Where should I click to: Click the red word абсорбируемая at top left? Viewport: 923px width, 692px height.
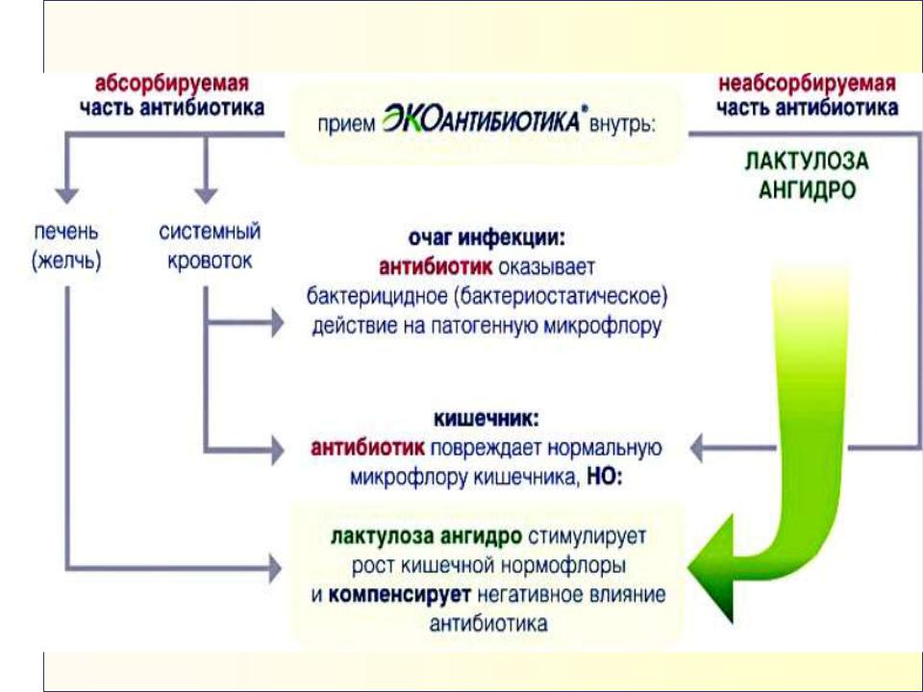point(172,84)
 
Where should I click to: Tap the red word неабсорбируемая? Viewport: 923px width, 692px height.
point(807,84)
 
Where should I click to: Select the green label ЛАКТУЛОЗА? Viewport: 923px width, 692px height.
point(807,161)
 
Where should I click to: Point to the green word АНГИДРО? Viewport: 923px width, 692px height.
point(807,190)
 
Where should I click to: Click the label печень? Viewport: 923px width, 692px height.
point(66,232)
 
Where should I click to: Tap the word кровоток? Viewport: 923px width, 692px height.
point(210,260)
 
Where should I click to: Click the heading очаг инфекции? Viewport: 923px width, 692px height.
point(486,238)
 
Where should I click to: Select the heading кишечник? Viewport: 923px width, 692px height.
point(486,419)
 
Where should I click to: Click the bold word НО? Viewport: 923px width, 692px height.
point(604,478)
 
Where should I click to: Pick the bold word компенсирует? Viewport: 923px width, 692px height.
point(400,595)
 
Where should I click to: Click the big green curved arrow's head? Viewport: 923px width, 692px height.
point(711,567)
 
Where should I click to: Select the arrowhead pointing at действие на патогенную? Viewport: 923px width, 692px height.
point(277,323)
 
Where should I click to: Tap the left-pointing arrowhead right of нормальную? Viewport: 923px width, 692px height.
point(696,449)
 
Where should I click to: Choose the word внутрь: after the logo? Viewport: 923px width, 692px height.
point(622,126)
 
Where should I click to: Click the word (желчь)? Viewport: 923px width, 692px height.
point(66,260)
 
